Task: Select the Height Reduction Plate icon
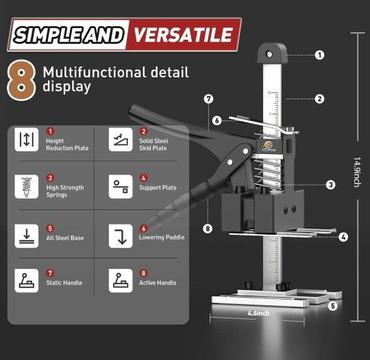pos(26,139)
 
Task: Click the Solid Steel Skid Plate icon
pos(120,139)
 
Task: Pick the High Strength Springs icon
pos(26,185)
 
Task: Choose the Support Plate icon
pos(120,185)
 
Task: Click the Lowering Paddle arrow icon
pos(120,234)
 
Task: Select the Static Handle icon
pos(26,280)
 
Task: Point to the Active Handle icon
pos(120,280)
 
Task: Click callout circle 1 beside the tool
pos(319,55)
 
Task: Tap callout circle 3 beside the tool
pos(330,184)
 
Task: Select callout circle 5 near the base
pos(332,306)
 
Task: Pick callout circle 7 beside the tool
pos(208,99)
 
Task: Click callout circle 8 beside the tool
pos(208,229)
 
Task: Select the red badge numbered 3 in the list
pos(50,177)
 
